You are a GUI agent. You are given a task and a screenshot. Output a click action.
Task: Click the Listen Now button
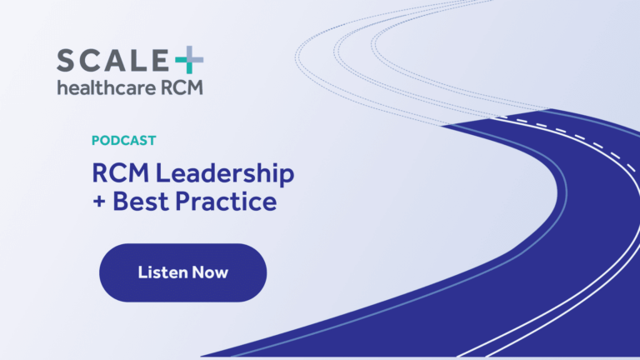pyautogui.click(x=182, y=272)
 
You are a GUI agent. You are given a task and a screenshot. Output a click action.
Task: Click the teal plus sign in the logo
pyautogui.click(x=188, y=60)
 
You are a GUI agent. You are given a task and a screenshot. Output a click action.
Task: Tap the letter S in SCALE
pyautogui.click(x=66, y=61)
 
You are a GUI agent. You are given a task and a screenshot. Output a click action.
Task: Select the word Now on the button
pyautogui.click(x=210, y=272)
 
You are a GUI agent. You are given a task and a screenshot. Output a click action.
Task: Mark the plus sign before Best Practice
pyautogui.click(x=98, y=202)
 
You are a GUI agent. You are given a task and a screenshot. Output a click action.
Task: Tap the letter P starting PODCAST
pyautogui.click(x=96, y=141)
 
